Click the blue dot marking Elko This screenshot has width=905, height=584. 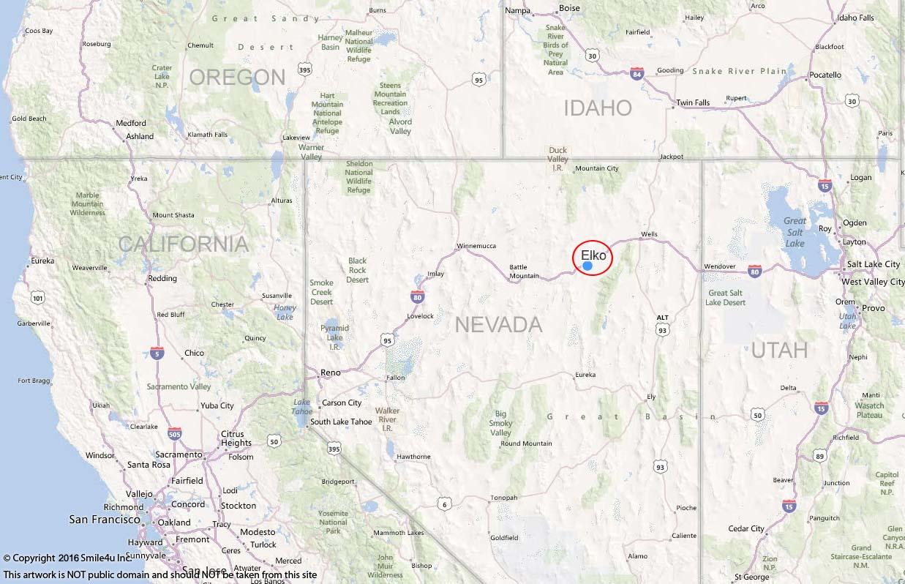coord(587,266)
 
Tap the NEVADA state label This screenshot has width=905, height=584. coord(499,324)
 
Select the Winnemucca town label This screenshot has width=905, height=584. coord(476,246)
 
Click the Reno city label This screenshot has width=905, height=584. coord(331,373)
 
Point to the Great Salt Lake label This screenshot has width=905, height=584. coord(795,232)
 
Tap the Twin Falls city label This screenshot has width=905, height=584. coord(693,103)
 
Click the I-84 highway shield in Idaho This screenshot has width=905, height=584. coord(636,73)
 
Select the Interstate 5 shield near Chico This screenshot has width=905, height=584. coord(157,353)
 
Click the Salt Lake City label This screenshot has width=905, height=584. coord(873,264)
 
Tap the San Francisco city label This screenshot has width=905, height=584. coord(105,520)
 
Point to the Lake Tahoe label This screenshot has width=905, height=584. coord(302,407)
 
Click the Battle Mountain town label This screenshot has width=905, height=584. coord(524,272)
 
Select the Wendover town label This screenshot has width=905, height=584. coord(719,266)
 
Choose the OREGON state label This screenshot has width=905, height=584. coord(237,77)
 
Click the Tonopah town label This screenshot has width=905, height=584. coord(503,498)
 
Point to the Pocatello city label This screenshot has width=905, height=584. coord(825,75)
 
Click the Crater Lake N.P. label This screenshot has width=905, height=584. coord(162,76)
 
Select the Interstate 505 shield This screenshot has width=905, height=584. coord(174,435)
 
